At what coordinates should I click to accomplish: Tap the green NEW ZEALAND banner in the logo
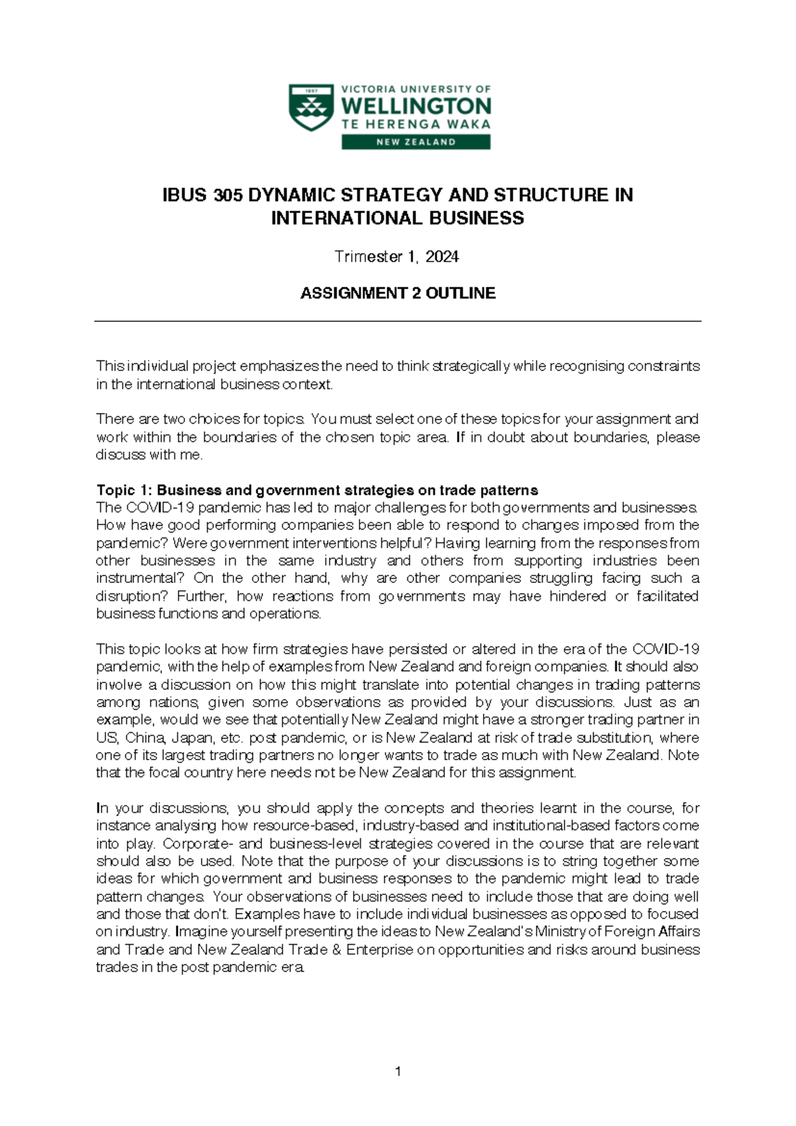416,141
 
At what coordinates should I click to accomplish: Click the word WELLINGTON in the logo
416,106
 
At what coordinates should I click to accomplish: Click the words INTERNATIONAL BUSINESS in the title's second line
397,218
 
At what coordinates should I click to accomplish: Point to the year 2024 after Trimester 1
442,257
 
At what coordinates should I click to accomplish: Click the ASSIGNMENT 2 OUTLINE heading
397,293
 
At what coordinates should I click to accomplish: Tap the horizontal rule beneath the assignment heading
397,321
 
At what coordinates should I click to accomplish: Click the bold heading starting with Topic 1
317,490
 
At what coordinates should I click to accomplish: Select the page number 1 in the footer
397,1071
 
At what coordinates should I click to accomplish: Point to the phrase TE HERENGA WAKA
416,124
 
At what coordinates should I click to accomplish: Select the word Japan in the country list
192,738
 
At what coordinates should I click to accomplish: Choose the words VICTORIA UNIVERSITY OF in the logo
416,89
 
